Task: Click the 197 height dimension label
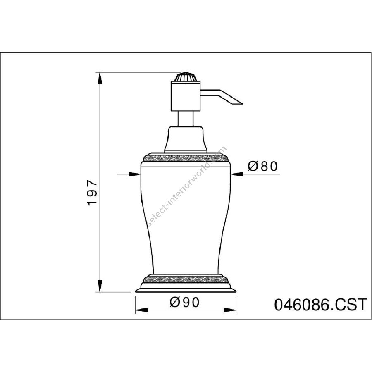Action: point(92,193)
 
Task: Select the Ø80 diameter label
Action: point(262,166)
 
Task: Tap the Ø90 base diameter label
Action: point(185,302)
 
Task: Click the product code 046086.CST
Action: point(321,305)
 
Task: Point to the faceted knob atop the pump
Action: point(186,77)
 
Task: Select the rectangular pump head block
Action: point(186,96)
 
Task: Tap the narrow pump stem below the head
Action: point(186,119)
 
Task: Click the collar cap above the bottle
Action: point(186,139)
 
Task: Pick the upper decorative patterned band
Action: point(186,158)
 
